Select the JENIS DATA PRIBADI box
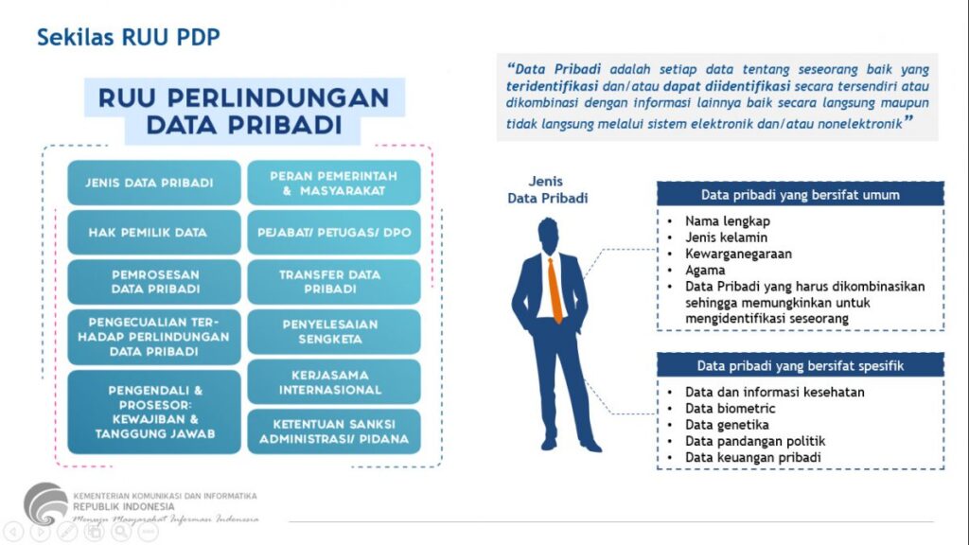(153, 183)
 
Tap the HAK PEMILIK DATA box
(153, 232)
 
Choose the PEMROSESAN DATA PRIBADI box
(153, 282)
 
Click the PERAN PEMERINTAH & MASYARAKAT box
(333, 183)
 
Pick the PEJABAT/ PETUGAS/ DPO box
(333, 232)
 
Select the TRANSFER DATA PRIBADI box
(333, 282)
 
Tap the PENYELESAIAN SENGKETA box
(333, 331)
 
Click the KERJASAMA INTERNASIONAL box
(333, 381)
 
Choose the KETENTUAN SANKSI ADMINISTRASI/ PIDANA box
(333, 431)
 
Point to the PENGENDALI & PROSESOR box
(153, 412)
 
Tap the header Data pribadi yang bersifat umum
(800, 195)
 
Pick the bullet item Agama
(706, 270)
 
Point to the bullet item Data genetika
(727, 425)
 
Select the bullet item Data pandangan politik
(742, 441)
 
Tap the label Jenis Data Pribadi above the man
(548, 190)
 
